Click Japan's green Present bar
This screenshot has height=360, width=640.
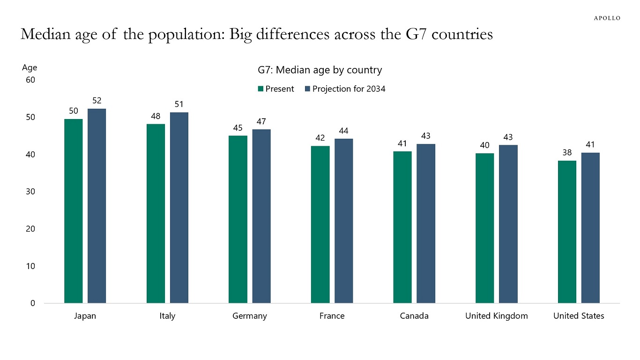73,211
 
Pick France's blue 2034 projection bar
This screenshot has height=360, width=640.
343,221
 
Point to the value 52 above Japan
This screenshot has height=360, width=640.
97,100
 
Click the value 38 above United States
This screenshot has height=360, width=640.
567,152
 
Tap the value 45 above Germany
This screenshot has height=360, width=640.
238,127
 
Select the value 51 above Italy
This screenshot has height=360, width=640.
179,104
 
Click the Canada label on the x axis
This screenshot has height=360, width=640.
414,316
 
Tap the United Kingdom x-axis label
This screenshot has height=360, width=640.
496,316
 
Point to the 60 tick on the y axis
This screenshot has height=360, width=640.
30,80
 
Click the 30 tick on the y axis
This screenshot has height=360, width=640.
30,192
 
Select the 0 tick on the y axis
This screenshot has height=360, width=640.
33,303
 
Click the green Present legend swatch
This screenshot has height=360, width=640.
260,89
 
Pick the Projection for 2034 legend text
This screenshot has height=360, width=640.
349,89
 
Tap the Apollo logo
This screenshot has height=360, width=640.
607,18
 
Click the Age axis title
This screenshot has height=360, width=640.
30,67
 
